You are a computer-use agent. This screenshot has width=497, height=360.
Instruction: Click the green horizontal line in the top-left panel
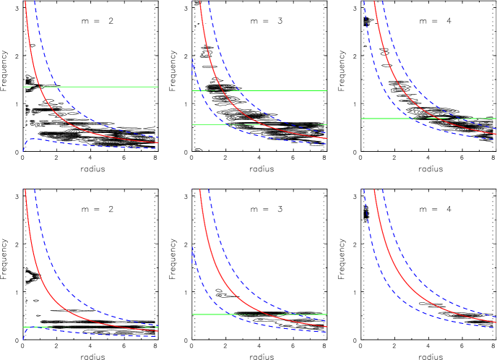point(108,87)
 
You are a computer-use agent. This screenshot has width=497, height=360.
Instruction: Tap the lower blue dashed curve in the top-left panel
point(87,145)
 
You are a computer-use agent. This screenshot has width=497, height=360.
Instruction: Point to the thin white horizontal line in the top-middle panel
point(289,90)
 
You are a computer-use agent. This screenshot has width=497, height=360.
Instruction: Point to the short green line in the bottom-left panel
point(36,327)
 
